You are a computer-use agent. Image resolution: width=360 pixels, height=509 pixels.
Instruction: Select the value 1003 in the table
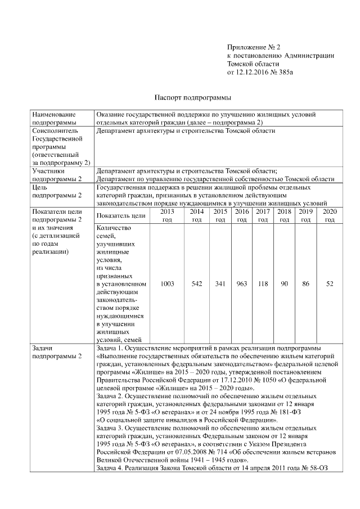167,284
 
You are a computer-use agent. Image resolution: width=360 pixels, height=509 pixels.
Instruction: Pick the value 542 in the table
196,284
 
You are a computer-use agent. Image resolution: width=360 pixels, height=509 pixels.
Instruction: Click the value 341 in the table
220,284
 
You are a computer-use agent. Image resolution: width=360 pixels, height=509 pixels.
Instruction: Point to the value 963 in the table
242,284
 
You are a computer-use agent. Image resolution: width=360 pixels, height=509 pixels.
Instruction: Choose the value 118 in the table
263,284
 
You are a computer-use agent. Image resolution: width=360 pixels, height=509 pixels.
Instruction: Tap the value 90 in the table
284,284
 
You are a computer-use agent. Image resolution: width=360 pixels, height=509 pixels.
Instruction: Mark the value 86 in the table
305,284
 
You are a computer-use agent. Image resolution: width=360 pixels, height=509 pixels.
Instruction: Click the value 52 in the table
330,284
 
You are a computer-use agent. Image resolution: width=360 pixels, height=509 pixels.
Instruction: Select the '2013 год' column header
167,215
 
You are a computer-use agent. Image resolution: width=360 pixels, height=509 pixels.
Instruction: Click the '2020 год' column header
330,215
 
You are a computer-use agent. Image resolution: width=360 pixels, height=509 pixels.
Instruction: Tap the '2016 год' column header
242,215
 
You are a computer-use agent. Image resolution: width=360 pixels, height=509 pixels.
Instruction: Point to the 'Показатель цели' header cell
120,215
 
